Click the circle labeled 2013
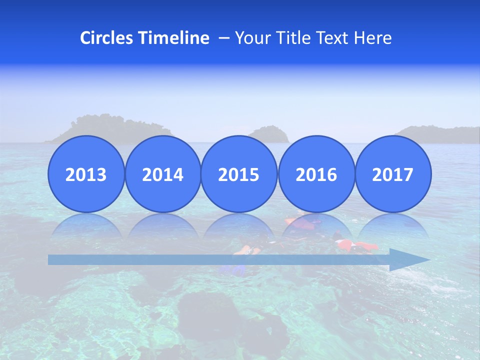[86, 174]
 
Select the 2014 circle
[162, 174]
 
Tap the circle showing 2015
[239, 174]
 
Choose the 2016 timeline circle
[316, 174]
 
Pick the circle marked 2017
[392, 174]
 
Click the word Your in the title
[250, 38]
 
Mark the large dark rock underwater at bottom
[205, 310]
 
